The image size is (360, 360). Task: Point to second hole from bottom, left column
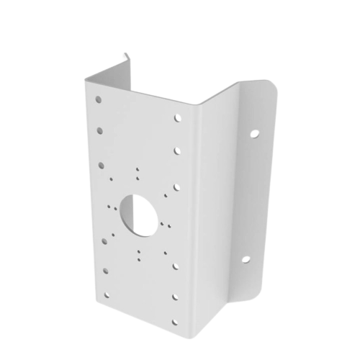tap(106, 269)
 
